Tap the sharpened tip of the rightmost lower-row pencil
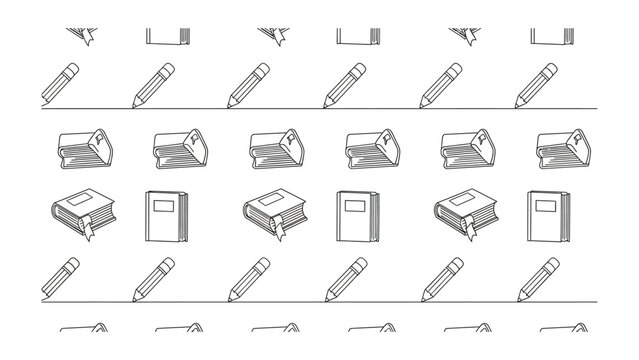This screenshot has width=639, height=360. [x=518, y=298]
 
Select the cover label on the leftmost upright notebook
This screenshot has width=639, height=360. [x=162, y=208]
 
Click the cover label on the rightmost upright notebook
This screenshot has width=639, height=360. [x=546, y=208]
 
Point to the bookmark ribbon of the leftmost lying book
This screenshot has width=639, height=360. [x=87, y=229]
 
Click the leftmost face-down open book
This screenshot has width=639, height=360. [x=79, y=149]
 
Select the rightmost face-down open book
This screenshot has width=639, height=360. [x=562, y=149]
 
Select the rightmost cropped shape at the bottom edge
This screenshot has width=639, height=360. [x=562, y=329]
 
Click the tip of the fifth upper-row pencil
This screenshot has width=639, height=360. [x=422, y=104]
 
